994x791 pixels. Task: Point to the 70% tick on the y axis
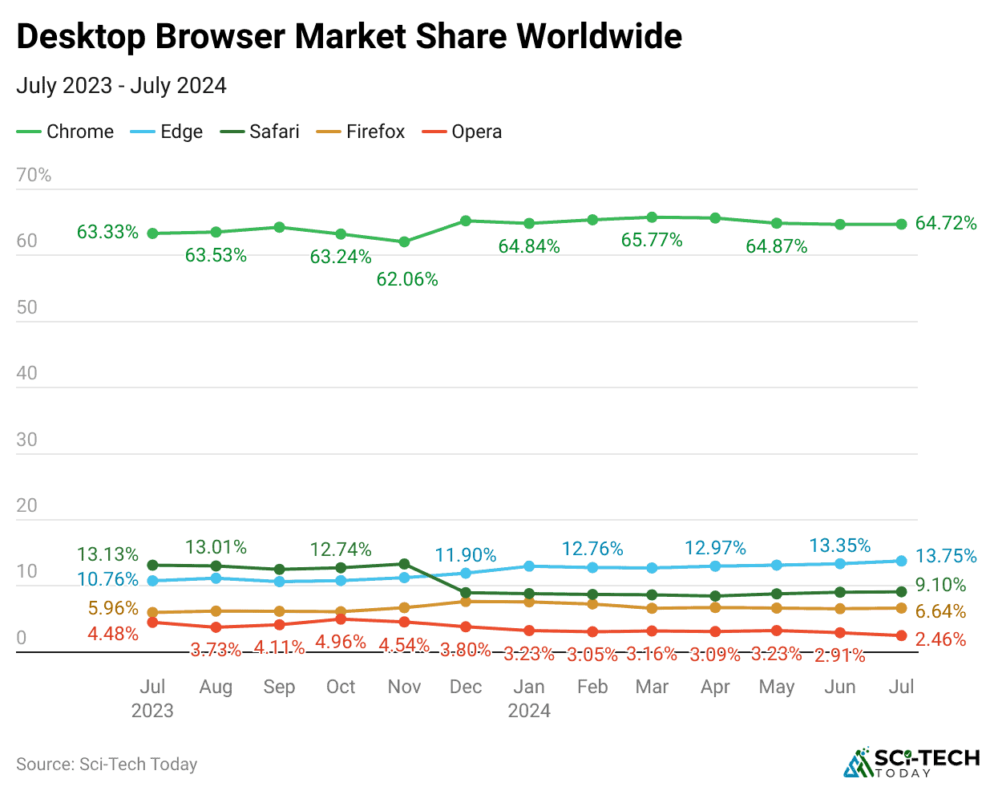[34, 175]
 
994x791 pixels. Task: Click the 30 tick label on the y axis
[26, 440]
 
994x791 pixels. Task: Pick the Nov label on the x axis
[404, 687]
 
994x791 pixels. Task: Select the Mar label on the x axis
[652, 687]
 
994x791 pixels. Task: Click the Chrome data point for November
[405, 241]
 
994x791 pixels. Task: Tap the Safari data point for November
[405, 564]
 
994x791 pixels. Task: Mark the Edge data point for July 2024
[901, 561]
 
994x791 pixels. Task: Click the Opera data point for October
[341, 619]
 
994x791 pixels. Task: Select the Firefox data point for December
[466, 601]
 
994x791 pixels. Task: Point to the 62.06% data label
[407, 279]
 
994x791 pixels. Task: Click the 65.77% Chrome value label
[652, 240]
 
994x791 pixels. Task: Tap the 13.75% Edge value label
[946, 556]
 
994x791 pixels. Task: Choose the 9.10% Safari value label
[941, 585]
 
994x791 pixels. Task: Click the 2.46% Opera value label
[941, 639]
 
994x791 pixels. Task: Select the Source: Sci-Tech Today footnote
[107, 764]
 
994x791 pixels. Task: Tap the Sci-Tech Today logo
[911, 762]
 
